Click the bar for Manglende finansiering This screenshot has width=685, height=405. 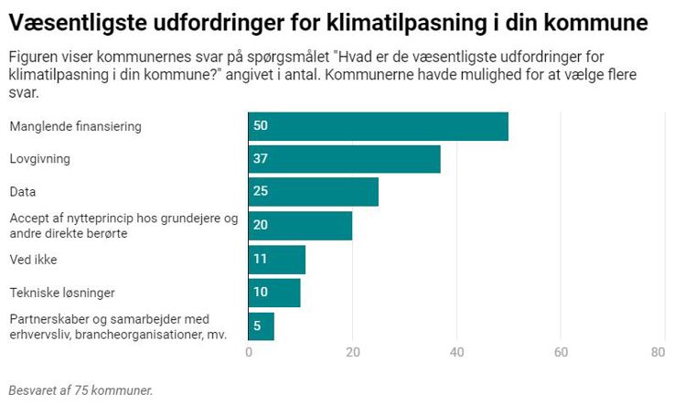tap(378, 126)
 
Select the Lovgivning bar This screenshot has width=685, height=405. tap(344, 159)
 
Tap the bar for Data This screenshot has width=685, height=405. tap(313, 192)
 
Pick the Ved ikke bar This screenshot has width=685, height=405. tap(276, 260)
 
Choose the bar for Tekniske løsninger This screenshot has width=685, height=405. tap(273, 293)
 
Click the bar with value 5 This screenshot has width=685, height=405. tap(261, 326)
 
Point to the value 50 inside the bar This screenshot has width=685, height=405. tap(261, 126)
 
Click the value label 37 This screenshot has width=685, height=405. tap(261, 159)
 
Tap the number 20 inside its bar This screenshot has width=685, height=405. tap(261, 226)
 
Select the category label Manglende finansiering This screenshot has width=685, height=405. tap(75, 126)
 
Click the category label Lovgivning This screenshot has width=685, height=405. tap(39, 159)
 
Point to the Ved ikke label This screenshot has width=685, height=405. tap(33, 260)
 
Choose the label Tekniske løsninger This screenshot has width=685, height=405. tap(61, 293)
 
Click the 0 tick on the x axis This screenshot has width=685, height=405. tap(249, 353)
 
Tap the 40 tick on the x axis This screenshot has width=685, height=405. tap(456, 353)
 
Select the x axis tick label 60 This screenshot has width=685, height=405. tap(561, 353)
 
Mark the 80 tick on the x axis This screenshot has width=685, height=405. tap(658, 353)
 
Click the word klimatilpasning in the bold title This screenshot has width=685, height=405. tap(399, 21)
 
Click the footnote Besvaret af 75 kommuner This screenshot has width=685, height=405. tap(80, 389)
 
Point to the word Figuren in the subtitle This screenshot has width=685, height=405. tap(35, 57)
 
